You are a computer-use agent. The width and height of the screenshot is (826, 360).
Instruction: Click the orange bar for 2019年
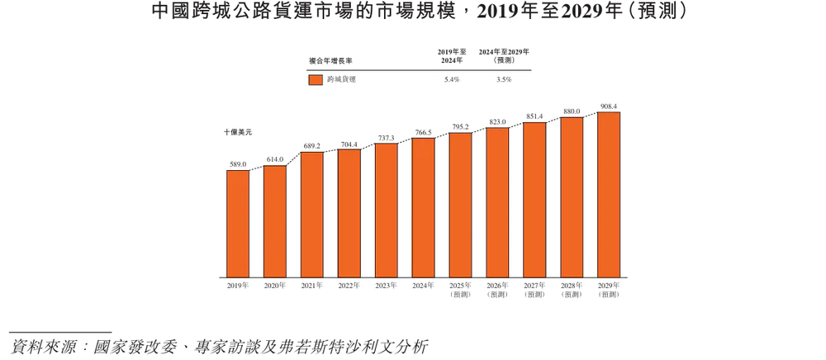pyautogui.click(x=238, y=223)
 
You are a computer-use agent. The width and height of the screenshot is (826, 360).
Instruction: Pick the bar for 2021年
pyautogui.click(x=312, y=215)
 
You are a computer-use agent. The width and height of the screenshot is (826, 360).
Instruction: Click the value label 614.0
pyautogui.click(x=275, y=159)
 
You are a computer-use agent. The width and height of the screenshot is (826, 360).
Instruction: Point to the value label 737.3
pyautogui.click(x=387, y=138)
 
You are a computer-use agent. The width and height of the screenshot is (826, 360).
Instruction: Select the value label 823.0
pyautogui.click(x=497, y=122)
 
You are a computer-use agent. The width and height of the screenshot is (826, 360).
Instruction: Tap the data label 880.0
pyautogui.click(x=572, y=111)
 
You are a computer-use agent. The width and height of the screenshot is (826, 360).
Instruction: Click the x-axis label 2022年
pyautogui.click(x=349, y=286)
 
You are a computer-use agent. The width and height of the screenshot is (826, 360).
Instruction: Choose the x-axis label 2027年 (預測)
pyautogui.click(x=534, y=290)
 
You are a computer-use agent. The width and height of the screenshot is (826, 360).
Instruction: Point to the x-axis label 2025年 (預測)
pyautogui.click(x=460, y=290)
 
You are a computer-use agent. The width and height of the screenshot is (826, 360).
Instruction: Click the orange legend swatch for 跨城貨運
pyautogui.click(x=315, y=80)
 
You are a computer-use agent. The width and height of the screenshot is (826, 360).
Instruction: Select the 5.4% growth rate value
pyautogui.click(x=451, y=80)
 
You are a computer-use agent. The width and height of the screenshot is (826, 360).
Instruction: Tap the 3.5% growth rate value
pyautogui.click(x=504, y=80)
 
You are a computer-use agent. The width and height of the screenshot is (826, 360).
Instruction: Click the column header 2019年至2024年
pyautogui.click(x=451, y=56)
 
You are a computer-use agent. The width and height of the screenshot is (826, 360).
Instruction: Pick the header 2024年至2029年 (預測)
pyautogui.click(x=504, y=56)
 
